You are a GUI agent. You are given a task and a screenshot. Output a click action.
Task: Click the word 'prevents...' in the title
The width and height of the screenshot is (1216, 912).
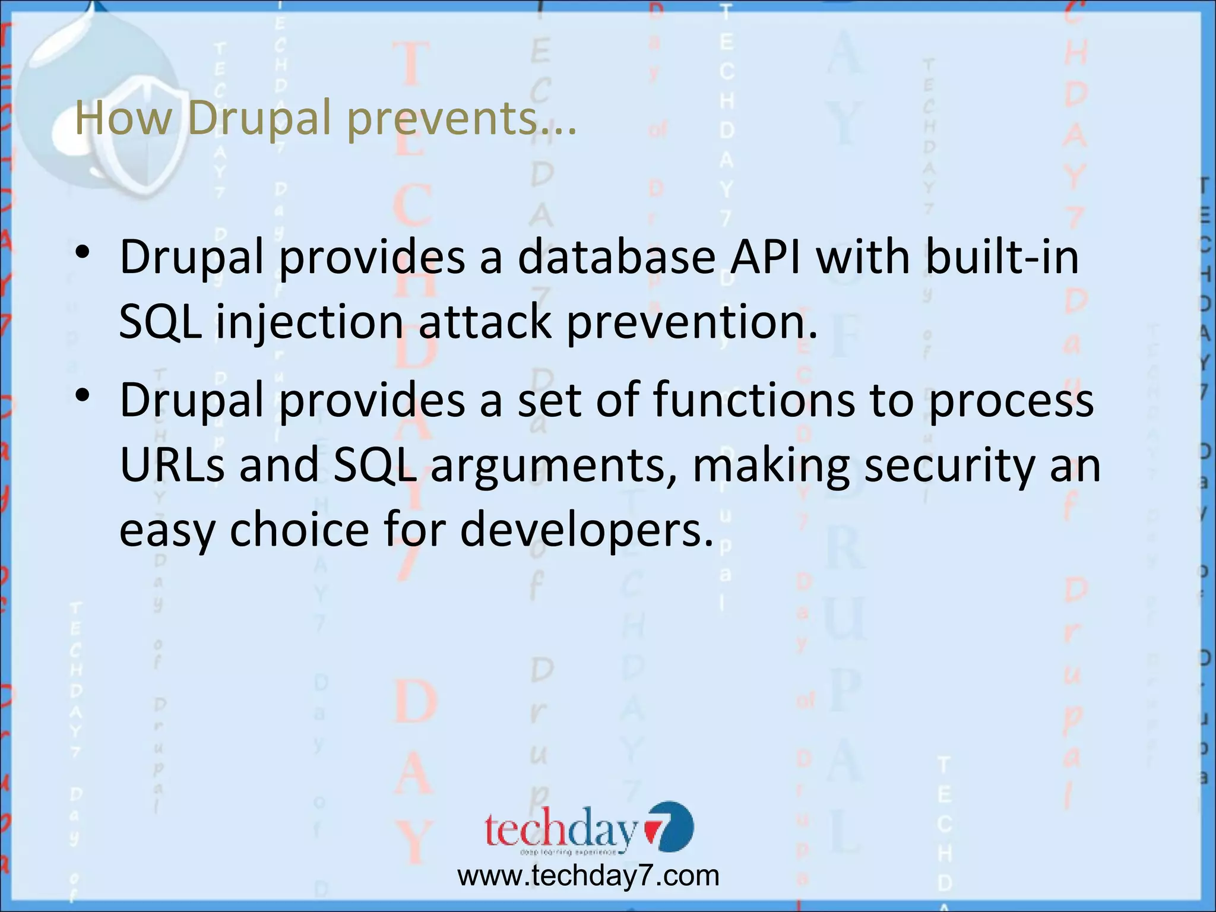coord(461,119)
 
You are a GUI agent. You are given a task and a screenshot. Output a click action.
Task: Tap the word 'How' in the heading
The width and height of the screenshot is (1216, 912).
coord(123,118)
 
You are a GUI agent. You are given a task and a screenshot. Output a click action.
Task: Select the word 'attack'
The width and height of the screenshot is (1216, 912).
coord(484,322)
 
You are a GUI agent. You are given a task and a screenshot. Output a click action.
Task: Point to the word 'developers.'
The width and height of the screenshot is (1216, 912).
coord(587,530)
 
